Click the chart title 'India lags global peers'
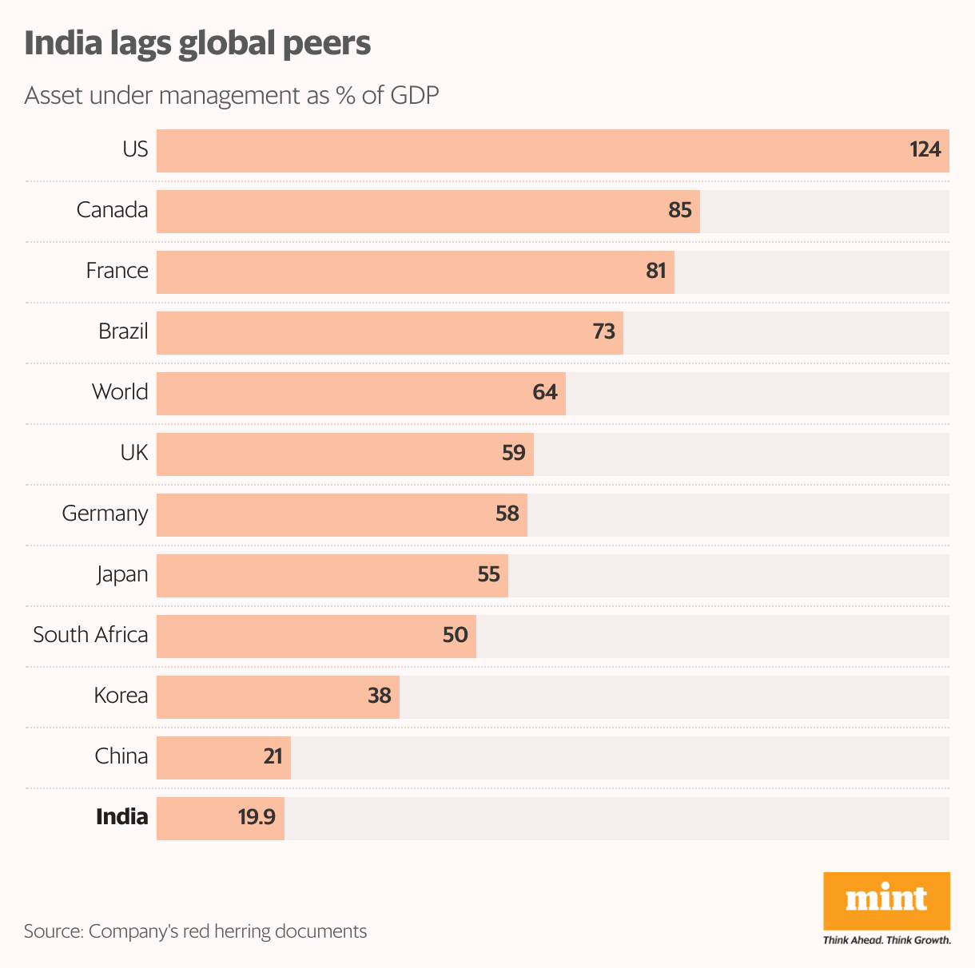pyautogui.click(x=197, y=44)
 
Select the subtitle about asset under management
pyautogui.click(x=232, y=96)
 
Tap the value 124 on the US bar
pyautogui.click(x=925, y=150)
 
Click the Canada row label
pyautogui.click(x=112, y=210)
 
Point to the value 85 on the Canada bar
pyautogui.click(x=679, y=211)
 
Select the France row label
pyautogui.click(x=117, y=271)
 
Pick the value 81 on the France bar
pyautogui.click(x=655, y=272)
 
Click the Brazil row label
pyautogui.click(x=123, y=331)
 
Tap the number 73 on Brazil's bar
pyautogui.click(x=603, y=332)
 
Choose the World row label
pyautogui.click(x=120, y=392)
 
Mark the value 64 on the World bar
pyautogui.click(x=544, y=393)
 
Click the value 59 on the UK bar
pyautogui.click(x=513, y=454)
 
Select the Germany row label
pyautogui.click(x=105, y=514)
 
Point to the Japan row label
pyautogui.click(x=122, y=574)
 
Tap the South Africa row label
pyautogui.click(x=90, y=635)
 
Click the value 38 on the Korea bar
pyautogui.click(x=379, y=696)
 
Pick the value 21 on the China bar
pyautogui.click(x=273, y=757)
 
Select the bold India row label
pyautogui.click(x=121, y=817)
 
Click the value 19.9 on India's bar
pyautogui.click(x=256, y=818)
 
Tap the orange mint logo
pyautogui.click(x=886, y=900)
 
